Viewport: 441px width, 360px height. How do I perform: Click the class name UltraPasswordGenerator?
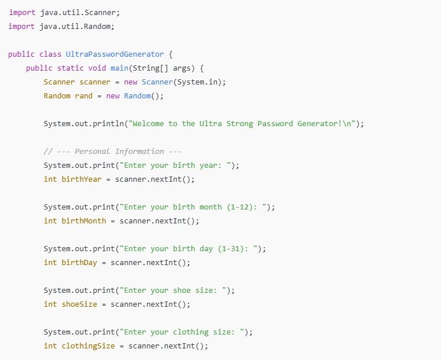point(115,54)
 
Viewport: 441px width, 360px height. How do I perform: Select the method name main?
point(119,68)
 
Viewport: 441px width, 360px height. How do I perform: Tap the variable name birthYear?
point(81,179)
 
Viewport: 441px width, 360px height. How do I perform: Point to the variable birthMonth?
point(84,221)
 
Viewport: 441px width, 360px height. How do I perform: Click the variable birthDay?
point(79,263)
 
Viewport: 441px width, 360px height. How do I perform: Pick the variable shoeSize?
point(79,304)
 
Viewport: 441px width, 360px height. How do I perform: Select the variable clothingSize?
point(89,346)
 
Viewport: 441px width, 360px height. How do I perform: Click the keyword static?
point(70,68)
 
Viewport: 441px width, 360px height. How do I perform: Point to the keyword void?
point(97,68)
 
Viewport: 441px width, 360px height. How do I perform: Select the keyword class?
point(50,54)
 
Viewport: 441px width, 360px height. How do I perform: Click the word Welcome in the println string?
point(148,124)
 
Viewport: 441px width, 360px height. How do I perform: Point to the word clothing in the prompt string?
point(190,332)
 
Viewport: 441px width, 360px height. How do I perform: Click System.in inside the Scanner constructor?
point(197,82)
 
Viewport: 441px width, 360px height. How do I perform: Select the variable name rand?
point(84,96)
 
